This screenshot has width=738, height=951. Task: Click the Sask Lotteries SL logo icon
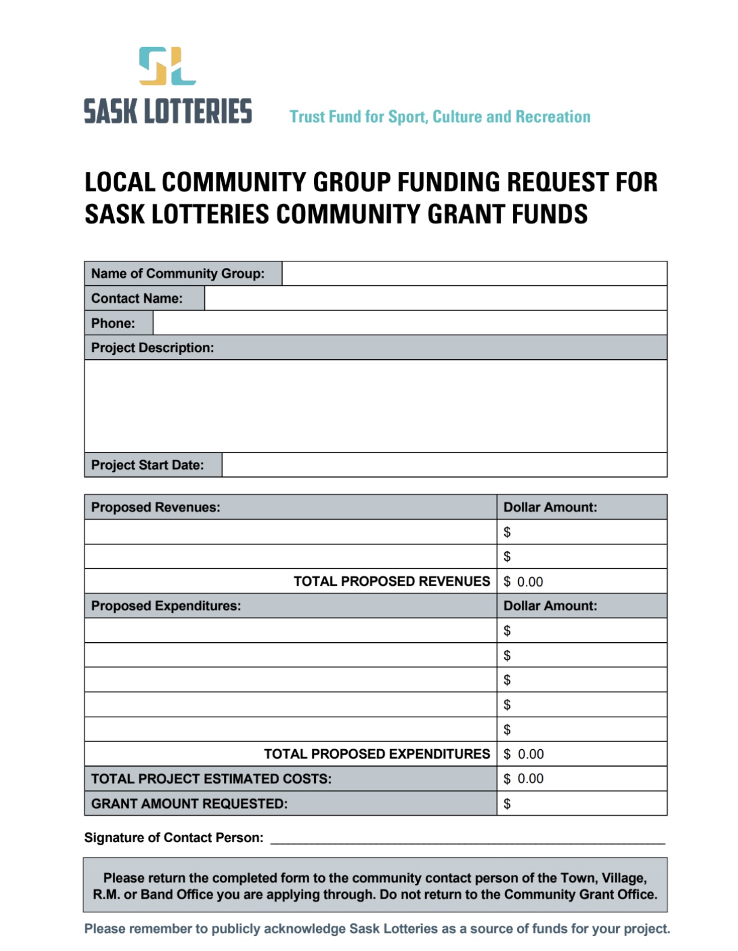tap(168, 65)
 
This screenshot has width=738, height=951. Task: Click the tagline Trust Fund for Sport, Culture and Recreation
tap(440, 117)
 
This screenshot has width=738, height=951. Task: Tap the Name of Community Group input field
tap(474, 273)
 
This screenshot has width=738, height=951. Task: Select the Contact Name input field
tap(435, 298)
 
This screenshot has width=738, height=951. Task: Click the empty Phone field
tap(410, 323)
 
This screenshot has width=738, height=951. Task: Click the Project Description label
tap(153, 348)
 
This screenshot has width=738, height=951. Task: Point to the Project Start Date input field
tap(444, 465)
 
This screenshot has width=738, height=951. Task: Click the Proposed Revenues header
tap(156, 507)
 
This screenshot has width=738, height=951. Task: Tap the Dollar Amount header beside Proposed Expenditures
tap(550, 606)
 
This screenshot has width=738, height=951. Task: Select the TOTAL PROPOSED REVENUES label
tap(392, 581)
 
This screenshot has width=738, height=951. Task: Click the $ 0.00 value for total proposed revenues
tap(524, 582)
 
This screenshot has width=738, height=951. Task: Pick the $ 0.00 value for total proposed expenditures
tap(524, 754)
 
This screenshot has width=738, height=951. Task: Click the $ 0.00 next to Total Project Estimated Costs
tap(524, 779)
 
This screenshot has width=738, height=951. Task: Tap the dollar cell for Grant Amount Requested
tap(581, 803)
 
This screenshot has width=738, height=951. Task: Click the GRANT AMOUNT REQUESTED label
tap(189, 803)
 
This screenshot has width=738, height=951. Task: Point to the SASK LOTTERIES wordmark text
tap(168, 112)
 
